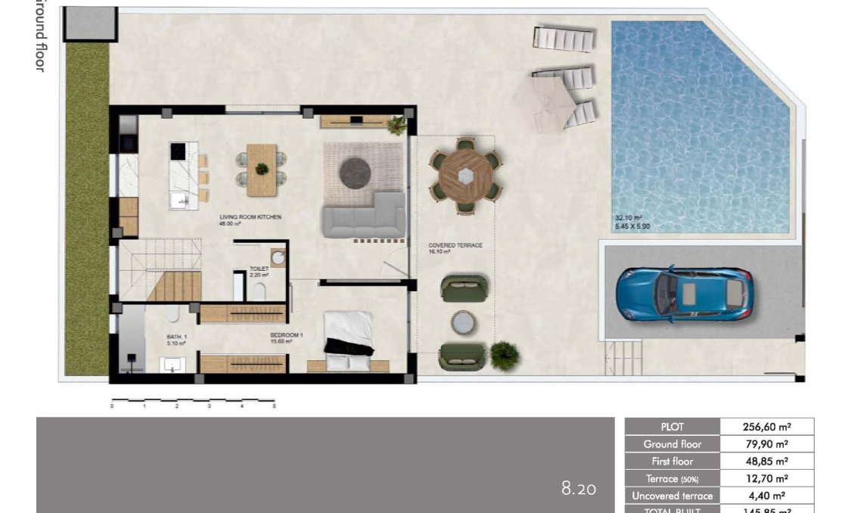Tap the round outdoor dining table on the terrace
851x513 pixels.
(466, 175)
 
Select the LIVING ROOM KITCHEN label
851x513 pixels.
(250, 217)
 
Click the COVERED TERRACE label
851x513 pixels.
(455, 246)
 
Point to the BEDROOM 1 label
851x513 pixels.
(287, 334)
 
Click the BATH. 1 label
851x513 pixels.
(175, 338)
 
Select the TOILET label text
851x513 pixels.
(259, 269)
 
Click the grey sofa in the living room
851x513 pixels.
(365, 216)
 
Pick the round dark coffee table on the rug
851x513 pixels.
(355, 173)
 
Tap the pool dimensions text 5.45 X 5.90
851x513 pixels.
(632, 226)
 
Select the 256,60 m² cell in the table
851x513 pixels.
(767, 427)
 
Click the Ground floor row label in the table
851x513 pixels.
(672, 444)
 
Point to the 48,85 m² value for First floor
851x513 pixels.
(767, 461)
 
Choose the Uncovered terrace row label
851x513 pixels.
(672, 496)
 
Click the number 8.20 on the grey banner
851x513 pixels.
(579, 489)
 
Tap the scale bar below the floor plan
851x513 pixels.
(193, 400)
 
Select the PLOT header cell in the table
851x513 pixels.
(672, 427)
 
